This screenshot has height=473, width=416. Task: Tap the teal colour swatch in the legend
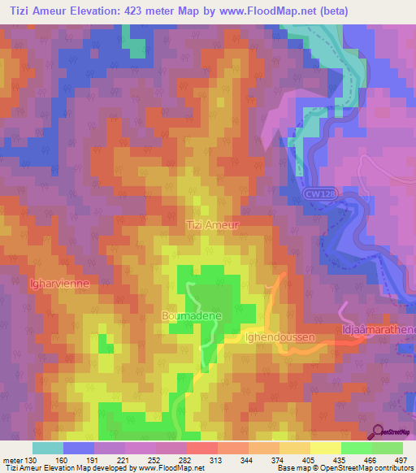48,448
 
